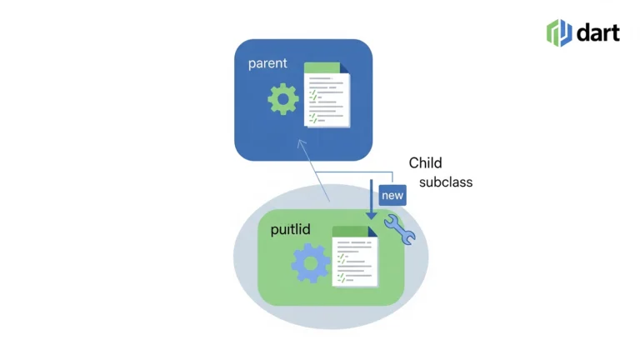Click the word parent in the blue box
pos(267,63)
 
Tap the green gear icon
pos(283,100)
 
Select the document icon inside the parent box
pos(327,95)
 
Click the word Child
pos(425,162)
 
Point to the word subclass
pos(445,182)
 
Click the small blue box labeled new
pos(392,195)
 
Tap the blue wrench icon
pos(399,229)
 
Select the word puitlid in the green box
pos(291,229)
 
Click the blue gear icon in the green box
pos(311,263)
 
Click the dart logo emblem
pos(559,32)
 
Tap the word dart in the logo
pos(598,32)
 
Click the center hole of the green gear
pos(283,100)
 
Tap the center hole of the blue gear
pos(311,263)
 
